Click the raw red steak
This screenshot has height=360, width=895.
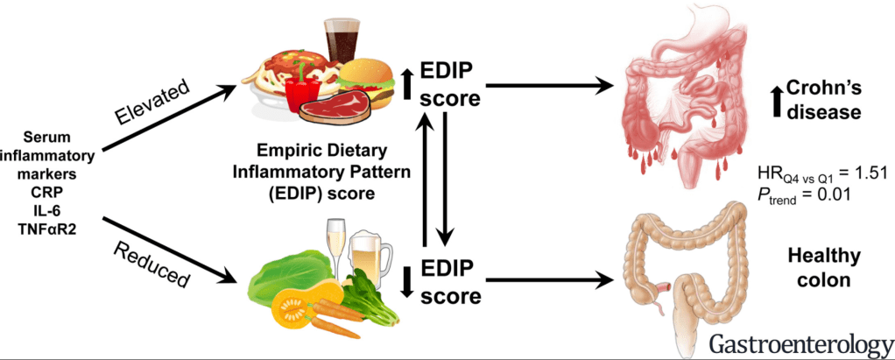(x=331, y=106)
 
